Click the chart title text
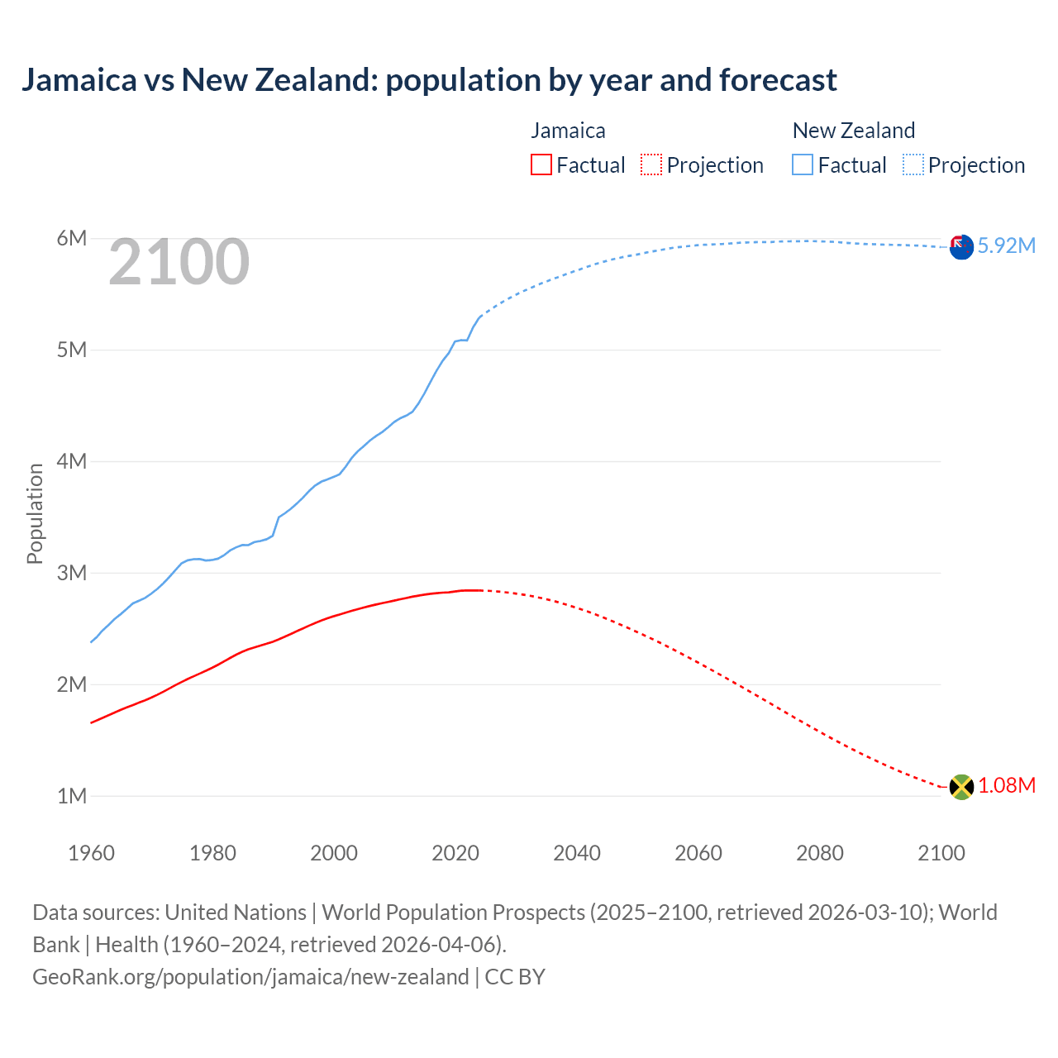pyautogui.click(x=429, y=80)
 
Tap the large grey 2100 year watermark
pyautogui.click(x=179, y=262)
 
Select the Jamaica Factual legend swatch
pyautogui.click(x=541, y=165)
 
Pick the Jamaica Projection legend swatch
pyautogui.click(x=651, y=165)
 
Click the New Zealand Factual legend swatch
pyautogui.click(x=803, y=165)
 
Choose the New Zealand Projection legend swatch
pyautogui.click(x=913, y=165)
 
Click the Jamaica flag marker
pyautogui.click(x=961, y=787)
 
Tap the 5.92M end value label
pyautogui.click(x=1007, y=246)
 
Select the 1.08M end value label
pyautogui.click(x=1007, y=786)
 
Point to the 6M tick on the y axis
pyautogui.click(x=72, y=239)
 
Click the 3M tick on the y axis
pyautogui.click(x=72, y=574)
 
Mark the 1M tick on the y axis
pyautogui.click(x=72, y=797)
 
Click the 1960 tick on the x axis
pyautogui.click(x=91, y=853)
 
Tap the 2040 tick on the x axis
pyautogui.click(x=577, y=853)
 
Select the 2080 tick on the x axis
pyautogui.click(x=820, y=853)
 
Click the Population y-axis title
pyautogui.click(x=35, y=513)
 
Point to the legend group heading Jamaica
pyautogui.click(x=568, y=131)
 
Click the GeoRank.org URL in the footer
pyautogui.click(x=250, y=977)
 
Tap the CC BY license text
pyautogui.click(x=515, y=977)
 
